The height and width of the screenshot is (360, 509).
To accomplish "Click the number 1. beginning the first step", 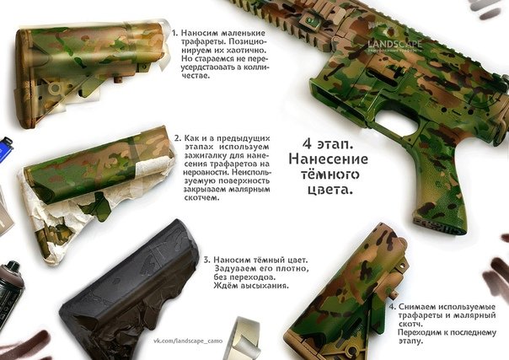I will (174, 34).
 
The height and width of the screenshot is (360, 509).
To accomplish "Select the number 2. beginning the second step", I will (177, 137).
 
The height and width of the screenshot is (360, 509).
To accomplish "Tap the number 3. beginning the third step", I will (206, 260).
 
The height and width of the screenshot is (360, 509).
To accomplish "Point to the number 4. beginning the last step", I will (393, 305).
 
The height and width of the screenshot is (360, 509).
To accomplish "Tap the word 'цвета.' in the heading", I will (324, 191).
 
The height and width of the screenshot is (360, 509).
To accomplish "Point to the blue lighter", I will (6, 152).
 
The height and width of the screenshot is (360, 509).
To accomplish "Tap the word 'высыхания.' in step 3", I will (261, 286).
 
